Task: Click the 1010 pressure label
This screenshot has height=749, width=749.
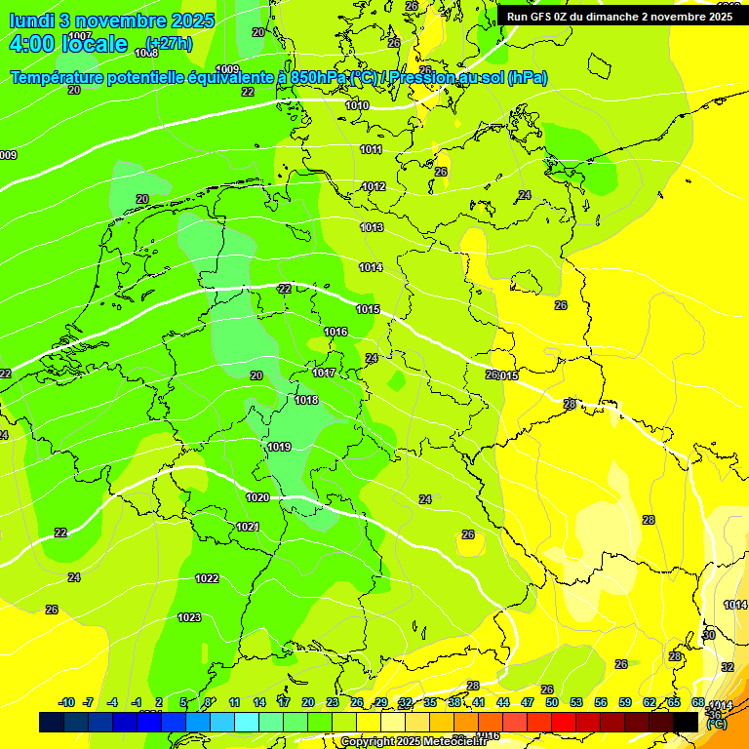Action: [357, 105]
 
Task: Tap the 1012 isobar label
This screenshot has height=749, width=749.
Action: [374, 186]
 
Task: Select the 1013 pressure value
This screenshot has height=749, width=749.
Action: [371, 227]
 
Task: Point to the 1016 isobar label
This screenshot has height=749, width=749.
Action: [335, 332]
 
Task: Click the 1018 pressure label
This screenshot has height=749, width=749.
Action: [306, 400]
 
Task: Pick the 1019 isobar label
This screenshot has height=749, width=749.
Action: [279, 447]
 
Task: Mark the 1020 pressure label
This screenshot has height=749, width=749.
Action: [257, 497]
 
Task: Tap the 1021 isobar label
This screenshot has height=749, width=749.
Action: [248, 527]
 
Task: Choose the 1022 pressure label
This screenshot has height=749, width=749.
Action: [207, 578]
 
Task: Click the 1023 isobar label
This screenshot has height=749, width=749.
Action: [189, 617]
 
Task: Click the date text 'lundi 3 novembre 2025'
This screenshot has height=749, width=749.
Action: [101, 20]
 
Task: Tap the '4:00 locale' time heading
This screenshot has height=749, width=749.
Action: [68, 44]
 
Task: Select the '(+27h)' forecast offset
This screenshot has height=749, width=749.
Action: [169, 44]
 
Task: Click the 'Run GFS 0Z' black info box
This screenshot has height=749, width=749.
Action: [620, 16]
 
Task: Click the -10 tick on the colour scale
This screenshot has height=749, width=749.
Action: [66, 702]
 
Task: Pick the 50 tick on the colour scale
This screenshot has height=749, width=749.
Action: [551, 702]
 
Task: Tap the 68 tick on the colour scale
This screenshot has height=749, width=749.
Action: [698, 702]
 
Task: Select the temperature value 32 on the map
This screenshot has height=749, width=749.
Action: [727, 667]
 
